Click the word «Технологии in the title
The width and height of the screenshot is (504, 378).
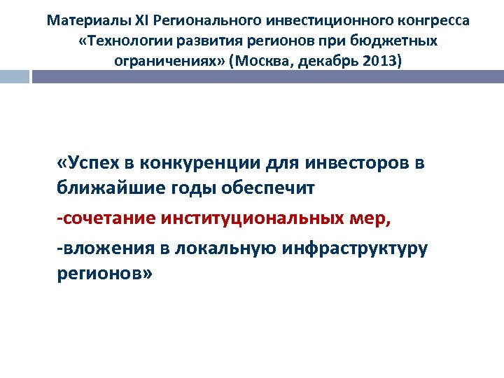[120, 41]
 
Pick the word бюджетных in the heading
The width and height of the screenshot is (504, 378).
[398, 41]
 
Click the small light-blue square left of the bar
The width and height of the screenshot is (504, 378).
[14, 76]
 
